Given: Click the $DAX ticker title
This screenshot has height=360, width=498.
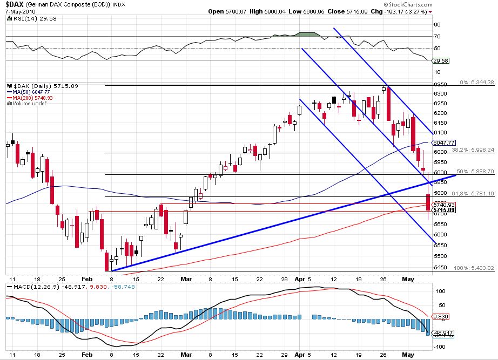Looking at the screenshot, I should coord(15,4).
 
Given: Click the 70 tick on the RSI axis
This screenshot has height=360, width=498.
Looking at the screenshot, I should coord(436,36).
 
